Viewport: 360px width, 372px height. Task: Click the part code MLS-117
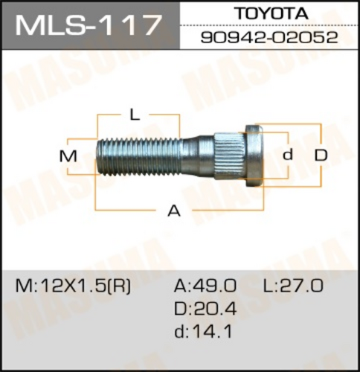point(87,25)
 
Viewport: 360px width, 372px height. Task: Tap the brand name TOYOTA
point(272,13)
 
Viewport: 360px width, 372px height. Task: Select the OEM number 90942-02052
point(269,38)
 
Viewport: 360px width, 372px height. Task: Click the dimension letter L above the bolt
point(135,115)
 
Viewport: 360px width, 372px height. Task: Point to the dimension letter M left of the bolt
point(68,156)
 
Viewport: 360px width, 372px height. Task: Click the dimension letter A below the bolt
point(174,211)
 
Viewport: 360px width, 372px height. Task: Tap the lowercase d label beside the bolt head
point(288,155)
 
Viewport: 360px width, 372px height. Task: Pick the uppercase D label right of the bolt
point(321,155)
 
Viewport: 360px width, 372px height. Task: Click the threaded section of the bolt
point(139,157)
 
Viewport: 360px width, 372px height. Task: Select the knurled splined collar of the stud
point(229,156)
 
